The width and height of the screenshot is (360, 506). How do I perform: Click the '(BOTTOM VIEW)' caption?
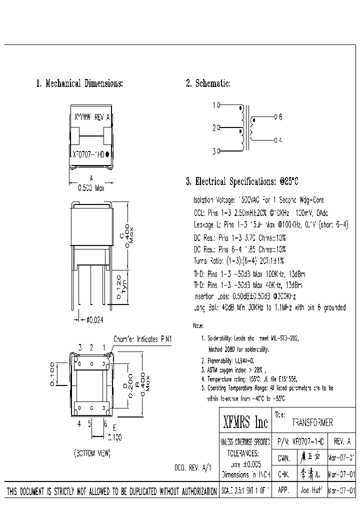[92, 453]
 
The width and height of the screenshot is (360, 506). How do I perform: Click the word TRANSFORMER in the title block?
[312, 422]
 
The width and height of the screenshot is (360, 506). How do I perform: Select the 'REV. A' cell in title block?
[342, 442]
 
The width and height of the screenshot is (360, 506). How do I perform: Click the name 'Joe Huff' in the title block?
[311, 490]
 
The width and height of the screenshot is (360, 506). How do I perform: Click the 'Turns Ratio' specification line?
[238, 260]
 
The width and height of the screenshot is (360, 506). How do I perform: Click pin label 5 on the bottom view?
[89, 423]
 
